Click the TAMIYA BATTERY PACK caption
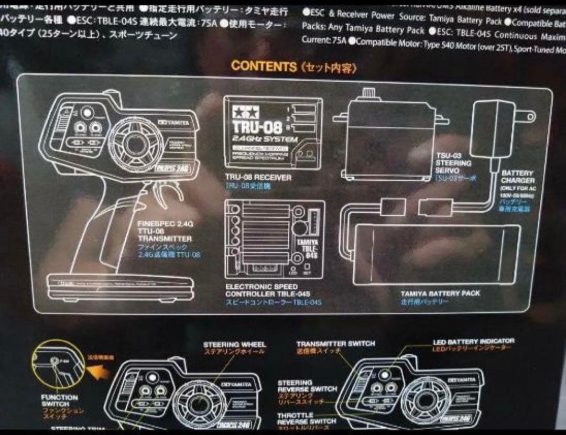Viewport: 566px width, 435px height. [x=440, y=293]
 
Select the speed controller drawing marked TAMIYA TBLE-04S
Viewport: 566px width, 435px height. [x=274, y=239]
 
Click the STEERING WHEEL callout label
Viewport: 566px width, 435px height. [x=234, y=345]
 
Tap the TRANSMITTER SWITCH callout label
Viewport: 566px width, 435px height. [x=335, y=344]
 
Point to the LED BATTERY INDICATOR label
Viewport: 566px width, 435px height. [x=473, y=341]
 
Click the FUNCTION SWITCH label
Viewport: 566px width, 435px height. [x=59, y=401]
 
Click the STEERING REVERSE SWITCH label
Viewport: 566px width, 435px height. [x=307, y=386]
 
